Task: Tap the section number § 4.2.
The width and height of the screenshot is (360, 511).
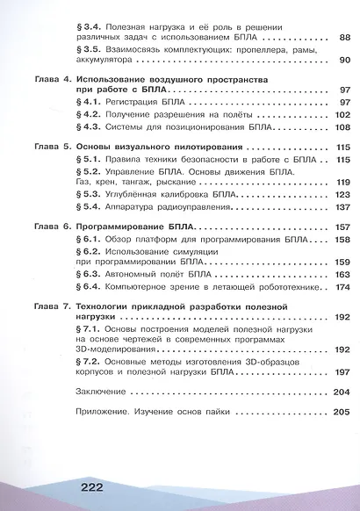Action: (x=90, y=115)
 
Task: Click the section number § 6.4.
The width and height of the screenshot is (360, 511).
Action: (x=90, y=286)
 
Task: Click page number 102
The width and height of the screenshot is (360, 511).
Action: (x=342, y=115)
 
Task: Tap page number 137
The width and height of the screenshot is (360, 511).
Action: (x=342, y=206)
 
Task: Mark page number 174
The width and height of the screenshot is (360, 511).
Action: (x=342, y=286)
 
